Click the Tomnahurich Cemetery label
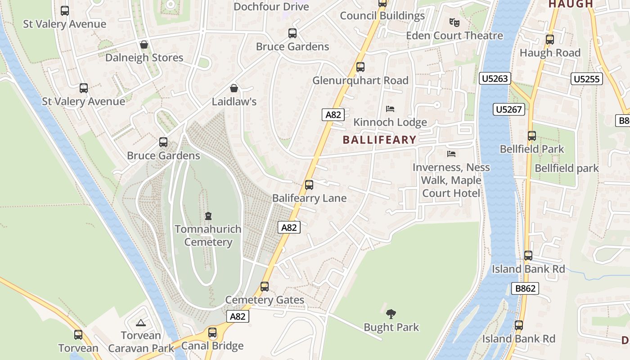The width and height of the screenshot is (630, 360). point(208,235)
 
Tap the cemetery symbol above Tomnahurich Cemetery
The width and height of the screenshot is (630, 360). point(208,216)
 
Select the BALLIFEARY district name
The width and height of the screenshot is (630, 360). point(380,139)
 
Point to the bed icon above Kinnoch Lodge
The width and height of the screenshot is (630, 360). point(390,109)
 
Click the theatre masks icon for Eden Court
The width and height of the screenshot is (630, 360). point(454,22)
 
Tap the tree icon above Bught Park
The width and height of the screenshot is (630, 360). point(391,314)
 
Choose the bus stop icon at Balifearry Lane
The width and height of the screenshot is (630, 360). point(309,184)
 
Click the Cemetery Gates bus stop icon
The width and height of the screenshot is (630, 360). point(265,286)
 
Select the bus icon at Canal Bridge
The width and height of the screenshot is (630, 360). point(212,333)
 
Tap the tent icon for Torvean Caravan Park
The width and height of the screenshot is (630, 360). point(141,323)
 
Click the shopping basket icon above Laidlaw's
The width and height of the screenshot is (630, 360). point(234,88)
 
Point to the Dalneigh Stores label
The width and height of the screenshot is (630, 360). point(144,58)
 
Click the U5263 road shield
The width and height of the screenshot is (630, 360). point(495,79)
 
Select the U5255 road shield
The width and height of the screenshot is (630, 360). point(587,79)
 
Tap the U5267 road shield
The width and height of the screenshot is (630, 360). point(509,109)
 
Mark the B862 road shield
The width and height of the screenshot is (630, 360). point(525,288)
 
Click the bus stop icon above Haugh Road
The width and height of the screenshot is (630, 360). point(549,39)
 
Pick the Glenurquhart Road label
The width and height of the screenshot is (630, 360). point(360,81)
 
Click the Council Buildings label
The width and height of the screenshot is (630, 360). point(382,16)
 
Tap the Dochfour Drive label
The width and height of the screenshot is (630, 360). point(271,7)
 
